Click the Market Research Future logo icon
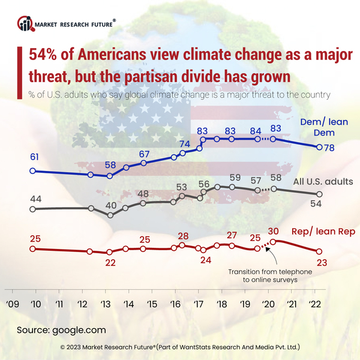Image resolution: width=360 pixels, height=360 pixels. (x=25, y=24)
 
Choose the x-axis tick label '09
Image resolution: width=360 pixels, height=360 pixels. (x=13, y=304)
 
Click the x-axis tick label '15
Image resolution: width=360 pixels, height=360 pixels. (x=152, y=304)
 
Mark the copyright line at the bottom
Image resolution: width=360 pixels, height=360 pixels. (x=180, y=347)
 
